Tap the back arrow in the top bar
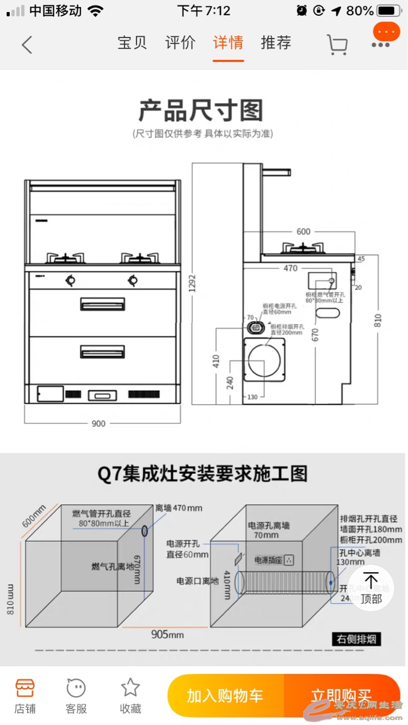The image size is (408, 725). pos(27,44)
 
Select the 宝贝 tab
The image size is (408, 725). pos(132,43)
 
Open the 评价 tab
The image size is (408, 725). pos(180,43)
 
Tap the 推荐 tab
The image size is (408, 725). pos(276,43)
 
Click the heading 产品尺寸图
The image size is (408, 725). pos(201,110)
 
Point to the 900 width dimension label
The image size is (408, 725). pos(99,424)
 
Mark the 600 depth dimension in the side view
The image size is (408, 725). pos(303,231)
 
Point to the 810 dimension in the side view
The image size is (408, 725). pos(378,320)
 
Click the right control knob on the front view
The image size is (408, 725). pos(133,279)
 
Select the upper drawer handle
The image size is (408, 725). pos(102,304)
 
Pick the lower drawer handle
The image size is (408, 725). pos(102,352)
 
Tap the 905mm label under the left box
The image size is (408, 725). pos(167,634)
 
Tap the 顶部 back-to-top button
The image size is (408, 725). pos(371,588)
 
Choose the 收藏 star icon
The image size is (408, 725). pos(130,694)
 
